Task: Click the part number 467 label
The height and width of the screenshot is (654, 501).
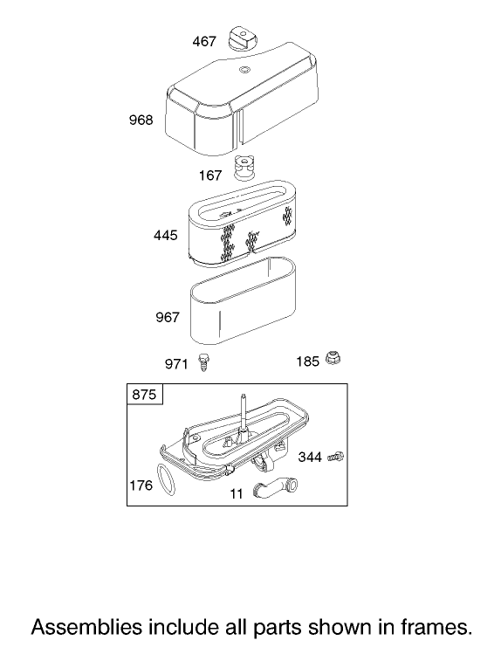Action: (x=204, y=41)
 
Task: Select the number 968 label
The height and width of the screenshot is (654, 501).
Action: (x=141, y=120)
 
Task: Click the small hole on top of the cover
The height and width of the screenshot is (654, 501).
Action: (x=244, y=69)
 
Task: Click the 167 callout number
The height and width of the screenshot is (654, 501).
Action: (x=210, y=176)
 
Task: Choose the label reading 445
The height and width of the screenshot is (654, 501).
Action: (x=166, y=235)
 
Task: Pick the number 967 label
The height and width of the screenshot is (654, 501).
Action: (x=167, y=318)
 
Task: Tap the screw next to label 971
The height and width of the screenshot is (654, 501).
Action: (x=204, y=362)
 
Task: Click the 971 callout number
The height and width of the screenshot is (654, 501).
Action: (x=176, y=364)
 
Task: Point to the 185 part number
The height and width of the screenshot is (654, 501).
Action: (x=307, y=361)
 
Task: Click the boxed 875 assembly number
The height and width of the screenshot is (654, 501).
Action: (x=144, y=394)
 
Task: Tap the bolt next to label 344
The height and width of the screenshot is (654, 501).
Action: (x=336, y=457)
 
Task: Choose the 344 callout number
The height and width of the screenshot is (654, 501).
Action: (x=310, y=458)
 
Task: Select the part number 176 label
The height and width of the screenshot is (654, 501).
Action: (x=141, y=485)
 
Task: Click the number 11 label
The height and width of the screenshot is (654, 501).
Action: (x=237, y=494)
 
